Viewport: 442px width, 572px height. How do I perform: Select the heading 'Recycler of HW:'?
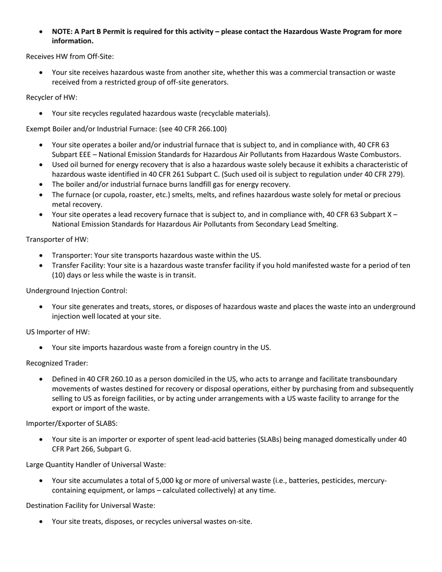click(52, 97)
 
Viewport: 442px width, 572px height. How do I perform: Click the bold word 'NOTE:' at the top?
click(62, 32)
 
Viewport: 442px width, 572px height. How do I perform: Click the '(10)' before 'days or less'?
click(59, 275)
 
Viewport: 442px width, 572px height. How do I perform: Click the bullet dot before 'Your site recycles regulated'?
click(42, 113)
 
